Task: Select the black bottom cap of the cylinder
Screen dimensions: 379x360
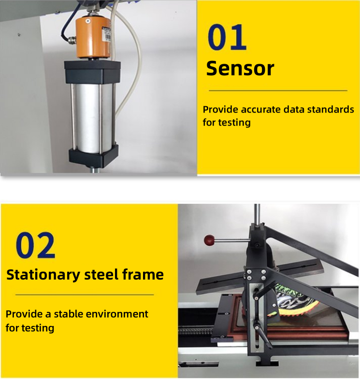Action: [x=93, y=156]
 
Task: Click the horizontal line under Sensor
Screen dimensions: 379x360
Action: [x=278, y=90]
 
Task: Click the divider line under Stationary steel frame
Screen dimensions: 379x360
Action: [x=85, y=294]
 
